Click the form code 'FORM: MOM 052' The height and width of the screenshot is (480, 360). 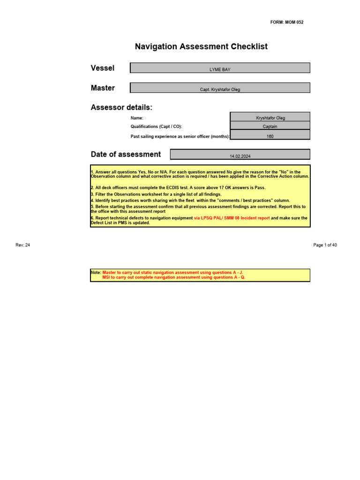(287, 22)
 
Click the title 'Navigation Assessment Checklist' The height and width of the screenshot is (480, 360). (201, 46)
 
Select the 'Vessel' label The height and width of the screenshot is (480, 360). (102, 68)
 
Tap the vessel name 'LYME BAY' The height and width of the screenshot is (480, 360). (220, 69)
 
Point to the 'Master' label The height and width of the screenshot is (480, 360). (103, 88)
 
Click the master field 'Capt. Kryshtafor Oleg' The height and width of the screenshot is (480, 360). (220, 89)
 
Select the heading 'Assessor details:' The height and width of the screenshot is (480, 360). (121, 107)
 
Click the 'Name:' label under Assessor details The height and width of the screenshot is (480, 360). (137, 118)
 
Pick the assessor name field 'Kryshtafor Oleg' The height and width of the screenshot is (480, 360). (270, 118)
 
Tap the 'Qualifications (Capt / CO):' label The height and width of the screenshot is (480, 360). (156, 127)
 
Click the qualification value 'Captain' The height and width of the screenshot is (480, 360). (270, 126)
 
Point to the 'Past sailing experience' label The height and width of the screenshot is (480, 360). (180, 136)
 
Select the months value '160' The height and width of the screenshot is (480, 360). (270, 136)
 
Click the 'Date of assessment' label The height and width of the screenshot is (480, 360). (125, 154)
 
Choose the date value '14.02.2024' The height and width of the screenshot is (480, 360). (240, 156)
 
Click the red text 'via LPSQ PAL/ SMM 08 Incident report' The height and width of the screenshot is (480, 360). (232, 218)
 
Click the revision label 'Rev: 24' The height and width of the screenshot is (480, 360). (23, 245)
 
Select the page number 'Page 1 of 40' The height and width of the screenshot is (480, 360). (325, 245)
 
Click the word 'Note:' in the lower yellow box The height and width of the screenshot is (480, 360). (96, 272)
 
